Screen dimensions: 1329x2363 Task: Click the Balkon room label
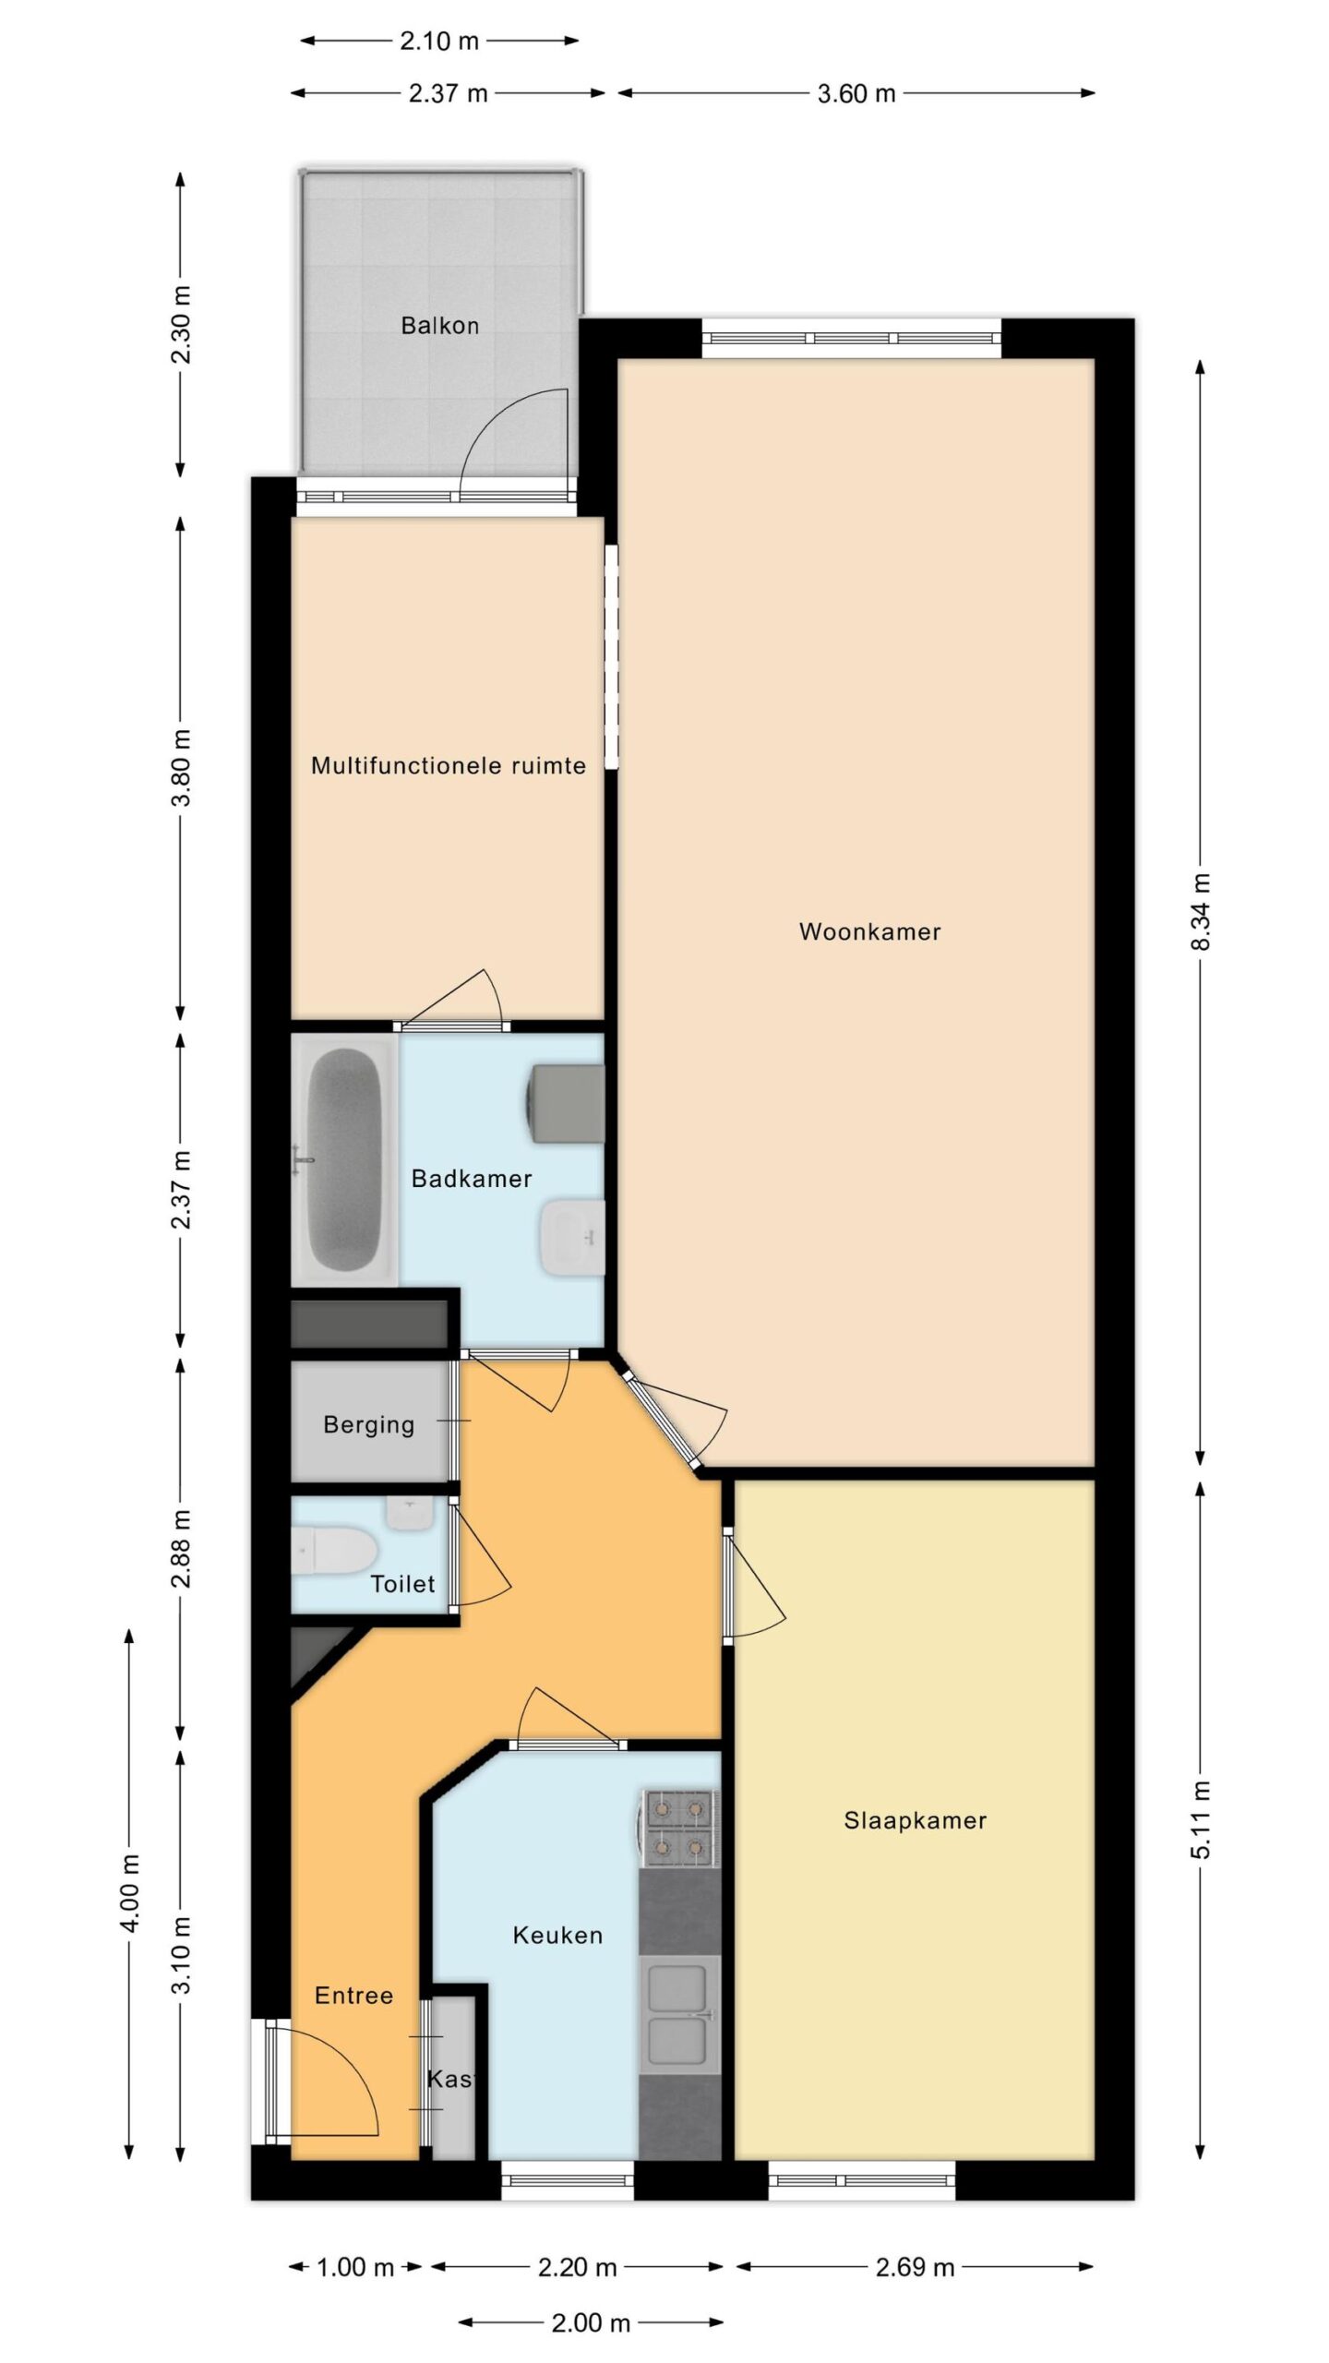[439, 326]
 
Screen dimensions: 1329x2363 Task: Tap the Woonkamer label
[869, 931]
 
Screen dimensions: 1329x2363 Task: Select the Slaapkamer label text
[915, 1820]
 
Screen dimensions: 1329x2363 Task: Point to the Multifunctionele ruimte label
[449, 765]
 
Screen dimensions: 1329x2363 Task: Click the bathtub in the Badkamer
[344, 1160]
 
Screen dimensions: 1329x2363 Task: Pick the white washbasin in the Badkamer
[572, 1237]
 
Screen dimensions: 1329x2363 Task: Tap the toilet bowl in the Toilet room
[332, 1550]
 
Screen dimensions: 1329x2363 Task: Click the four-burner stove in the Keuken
[680, 1823]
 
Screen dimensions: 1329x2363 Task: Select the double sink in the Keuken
[680, 2012]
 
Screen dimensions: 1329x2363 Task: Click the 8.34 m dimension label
[1200, 912]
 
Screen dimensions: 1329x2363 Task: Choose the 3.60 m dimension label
[856, 93]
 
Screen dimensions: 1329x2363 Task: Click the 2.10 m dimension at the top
[439, 41]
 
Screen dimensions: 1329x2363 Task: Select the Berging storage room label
[368, 1425]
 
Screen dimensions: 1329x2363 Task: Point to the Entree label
[353, 1996]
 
